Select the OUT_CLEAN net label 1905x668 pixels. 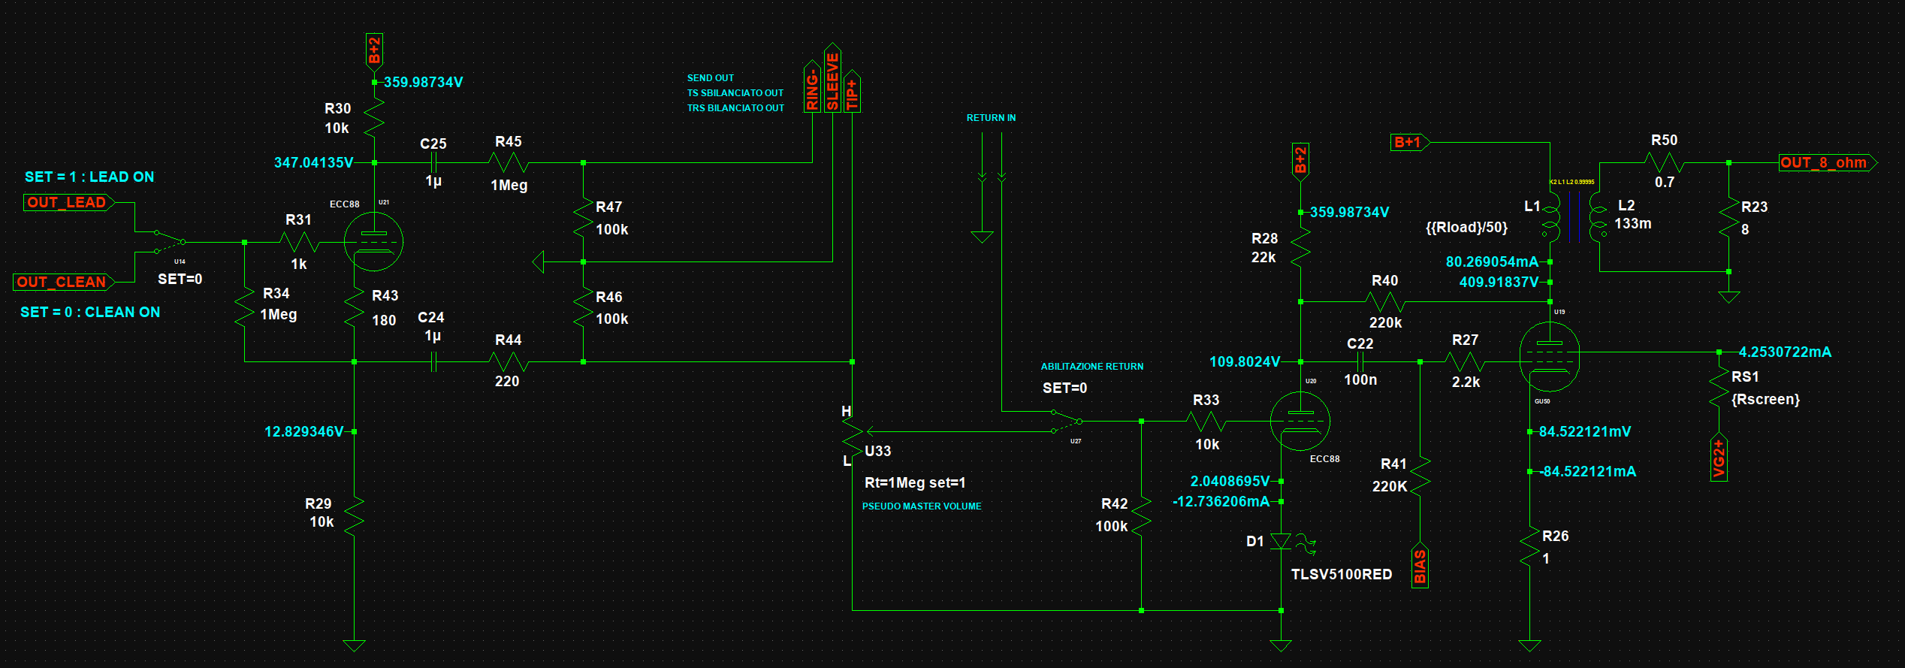[62, 283]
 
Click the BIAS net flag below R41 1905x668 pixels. [1420, 566]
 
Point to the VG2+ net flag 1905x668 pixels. [1719, 458]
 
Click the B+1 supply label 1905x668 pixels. [1408, 142]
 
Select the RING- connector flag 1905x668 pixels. [812, 89]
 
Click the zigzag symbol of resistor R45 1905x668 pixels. [509, 162]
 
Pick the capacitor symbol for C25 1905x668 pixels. [433, 162]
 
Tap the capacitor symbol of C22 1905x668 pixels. [1360, 361]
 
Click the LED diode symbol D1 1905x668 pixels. [1281, 542]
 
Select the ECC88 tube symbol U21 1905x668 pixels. [373, 242]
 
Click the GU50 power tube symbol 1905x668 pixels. [1549, 357]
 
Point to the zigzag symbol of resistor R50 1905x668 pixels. [1664, 162]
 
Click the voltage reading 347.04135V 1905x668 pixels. [313, 163]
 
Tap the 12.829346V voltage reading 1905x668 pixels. [303, 432]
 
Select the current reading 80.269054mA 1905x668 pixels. [1492, 262]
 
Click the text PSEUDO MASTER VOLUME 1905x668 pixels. [922, 506]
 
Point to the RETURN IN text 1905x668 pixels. [991, 118]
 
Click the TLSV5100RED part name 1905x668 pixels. [1341, 575]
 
